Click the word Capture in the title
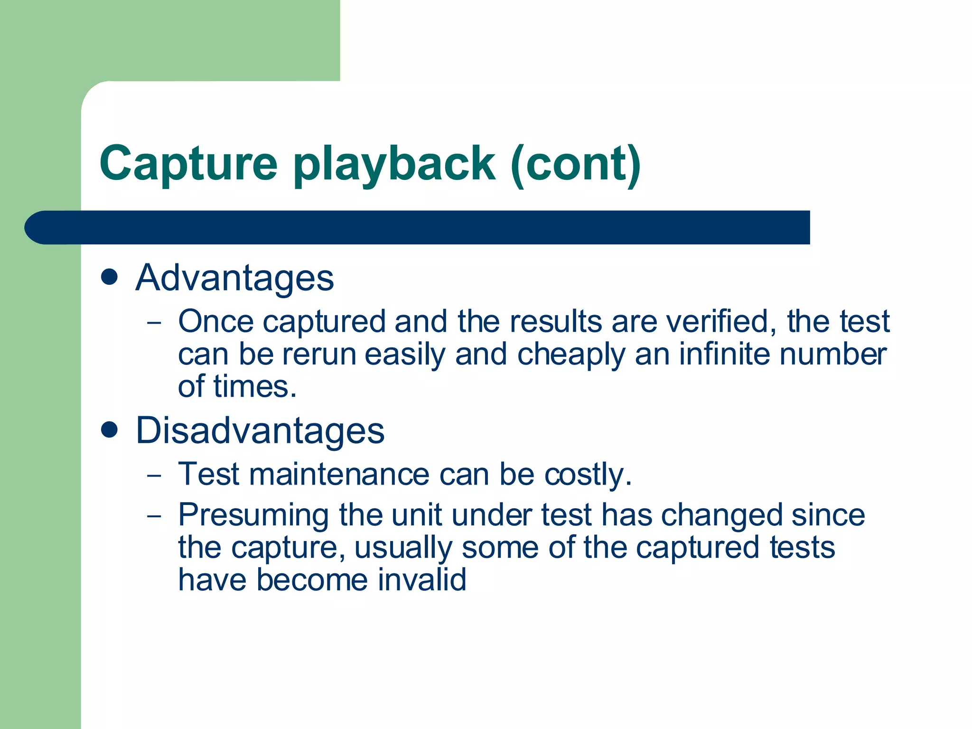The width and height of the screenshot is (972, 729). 188,164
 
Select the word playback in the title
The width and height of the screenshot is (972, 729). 394,164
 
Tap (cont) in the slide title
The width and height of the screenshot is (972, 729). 576,164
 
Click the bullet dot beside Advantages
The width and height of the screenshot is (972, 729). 110,277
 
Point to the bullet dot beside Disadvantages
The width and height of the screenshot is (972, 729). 110,430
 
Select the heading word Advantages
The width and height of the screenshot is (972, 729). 235,278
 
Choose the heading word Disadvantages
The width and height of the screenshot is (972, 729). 260,431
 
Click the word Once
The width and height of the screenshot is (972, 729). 216,322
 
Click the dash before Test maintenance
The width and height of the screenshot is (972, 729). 154,475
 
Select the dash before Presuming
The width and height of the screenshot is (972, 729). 154,516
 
